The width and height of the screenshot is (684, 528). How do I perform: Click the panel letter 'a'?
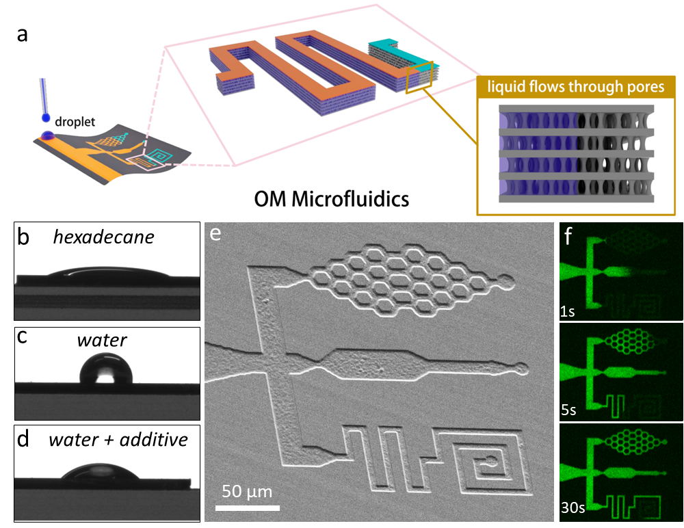click(23, 34)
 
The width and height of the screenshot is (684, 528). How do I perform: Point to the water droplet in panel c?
click(105, 371)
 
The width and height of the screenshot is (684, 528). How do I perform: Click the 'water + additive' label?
click(118, 439)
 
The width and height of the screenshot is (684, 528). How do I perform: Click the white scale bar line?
click(247, 507)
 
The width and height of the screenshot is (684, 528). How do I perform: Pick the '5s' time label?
click(569, 412)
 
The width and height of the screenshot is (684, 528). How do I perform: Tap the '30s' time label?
click(572, 510)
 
